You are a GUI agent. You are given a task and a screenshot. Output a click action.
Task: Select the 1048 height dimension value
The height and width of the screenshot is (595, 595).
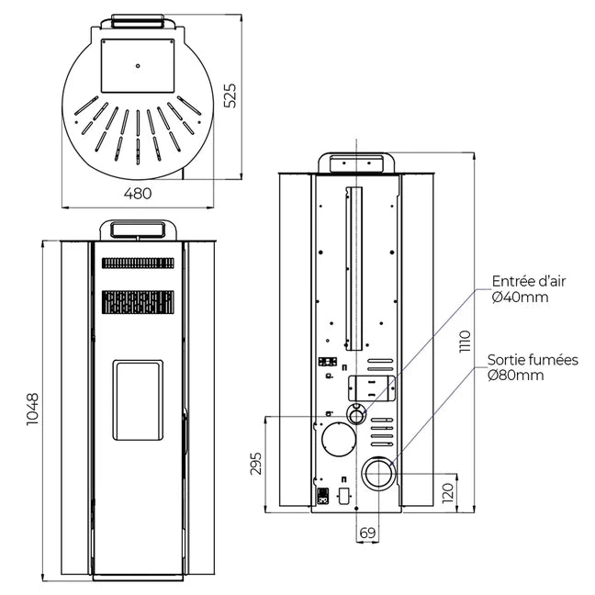coord(32,409)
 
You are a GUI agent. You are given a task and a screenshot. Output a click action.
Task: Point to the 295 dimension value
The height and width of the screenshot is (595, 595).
coord(255,464)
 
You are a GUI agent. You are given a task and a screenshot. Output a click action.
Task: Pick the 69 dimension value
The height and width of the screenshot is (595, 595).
coord(367,533)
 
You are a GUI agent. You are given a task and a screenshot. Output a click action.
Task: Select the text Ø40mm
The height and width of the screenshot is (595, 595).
coord(519,297)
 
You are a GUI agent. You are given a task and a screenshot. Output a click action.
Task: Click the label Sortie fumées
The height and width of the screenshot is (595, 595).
coord(533,359)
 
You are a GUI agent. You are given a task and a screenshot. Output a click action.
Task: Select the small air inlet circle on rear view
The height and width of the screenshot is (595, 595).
coord(356,414)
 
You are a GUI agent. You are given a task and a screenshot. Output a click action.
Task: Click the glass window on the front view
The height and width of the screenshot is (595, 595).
coord(138,399)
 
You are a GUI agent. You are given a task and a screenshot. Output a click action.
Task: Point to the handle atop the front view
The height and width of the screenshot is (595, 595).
coord(138,228)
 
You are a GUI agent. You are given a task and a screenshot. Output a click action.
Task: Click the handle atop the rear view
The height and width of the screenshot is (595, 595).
coord(356,163)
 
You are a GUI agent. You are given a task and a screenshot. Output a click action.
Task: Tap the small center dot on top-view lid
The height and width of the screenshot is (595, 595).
coord(137,65)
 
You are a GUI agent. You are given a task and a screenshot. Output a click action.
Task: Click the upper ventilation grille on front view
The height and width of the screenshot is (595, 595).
coord(138,263)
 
